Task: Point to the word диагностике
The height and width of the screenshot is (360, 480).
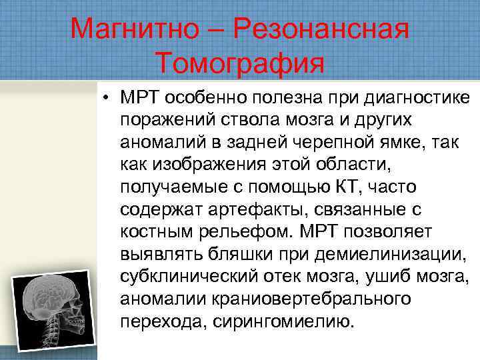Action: (x=419, y=99)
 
